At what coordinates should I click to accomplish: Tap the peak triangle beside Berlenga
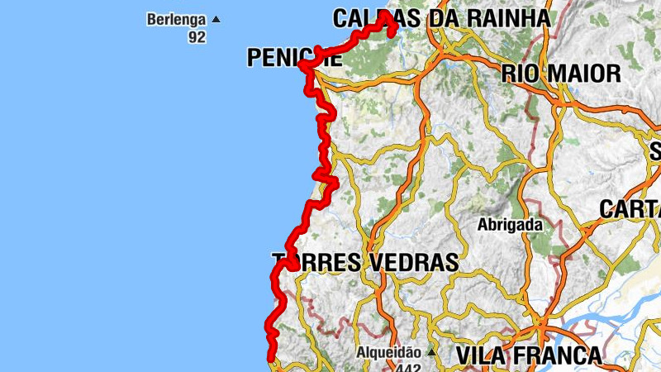click(x=216, y=19)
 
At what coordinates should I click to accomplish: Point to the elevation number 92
click(x=197, y=37)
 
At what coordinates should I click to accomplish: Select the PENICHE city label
click(x=293, y=58)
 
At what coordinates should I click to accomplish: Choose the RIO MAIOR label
click(x=561, y=74)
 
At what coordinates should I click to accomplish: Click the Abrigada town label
click(x=510, y=224)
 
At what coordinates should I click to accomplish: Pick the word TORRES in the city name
click(x=316, y=263)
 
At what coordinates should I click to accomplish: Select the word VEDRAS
click(x=412, y=263)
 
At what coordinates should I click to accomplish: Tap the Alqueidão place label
click(x=388, y=353)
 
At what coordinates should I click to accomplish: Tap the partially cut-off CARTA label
click(x=630, y=209)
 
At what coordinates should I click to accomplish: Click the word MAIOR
click(x=581, y=74)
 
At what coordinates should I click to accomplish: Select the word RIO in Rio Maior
click(x=520, y=74)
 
